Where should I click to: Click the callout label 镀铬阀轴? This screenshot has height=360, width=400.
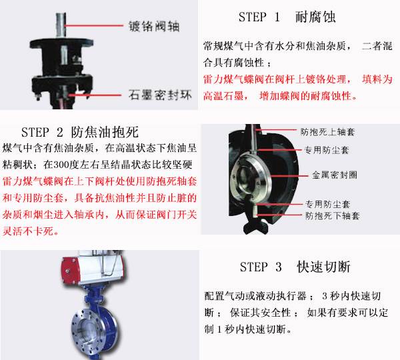point(154,26)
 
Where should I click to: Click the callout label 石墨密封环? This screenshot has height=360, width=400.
point(160,95)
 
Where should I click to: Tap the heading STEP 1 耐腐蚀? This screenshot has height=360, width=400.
point(287,17)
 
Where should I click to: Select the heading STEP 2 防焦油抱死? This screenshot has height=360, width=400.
point(80,132)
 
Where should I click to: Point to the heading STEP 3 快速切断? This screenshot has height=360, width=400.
point(295,267)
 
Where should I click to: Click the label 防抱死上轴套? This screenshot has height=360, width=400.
point(327,131)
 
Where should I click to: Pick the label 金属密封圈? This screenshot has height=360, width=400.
point(335,175)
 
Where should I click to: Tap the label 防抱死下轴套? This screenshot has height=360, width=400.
point(333,216)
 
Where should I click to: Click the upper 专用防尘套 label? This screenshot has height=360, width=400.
point(327,150)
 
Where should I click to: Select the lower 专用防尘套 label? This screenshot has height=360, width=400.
point(328,204)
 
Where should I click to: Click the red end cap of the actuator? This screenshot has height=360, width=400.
point(67,270)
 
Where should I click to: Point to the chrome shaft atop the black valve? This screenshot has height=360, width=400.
point(61,25)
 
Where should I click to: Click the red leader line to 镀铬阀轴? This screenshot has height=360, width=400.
point(93,25)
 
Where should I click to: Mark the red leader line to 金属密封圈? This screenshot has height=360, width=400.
point(289,176)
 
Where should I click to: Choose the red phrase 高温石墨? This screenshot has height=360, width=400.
point(223,96)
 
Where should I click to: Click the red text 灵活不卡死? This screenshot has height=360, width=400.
point(28,231)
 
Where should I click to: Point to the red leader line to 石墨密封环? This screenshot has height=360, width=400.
point(95,95)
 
